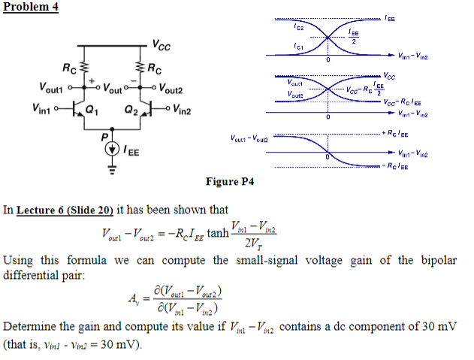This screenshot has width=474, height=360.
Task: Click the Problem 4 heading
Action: (30, 7)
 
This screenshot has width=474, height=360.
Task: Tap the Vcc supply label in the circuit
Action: (161, 46)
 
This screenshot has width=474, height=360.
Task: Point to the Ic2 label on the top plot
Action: (299, 26)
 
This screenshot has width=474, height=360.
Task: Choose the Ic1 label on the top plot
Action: (299, 46)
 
